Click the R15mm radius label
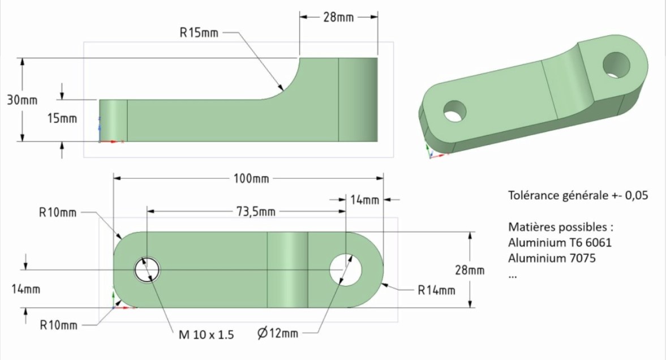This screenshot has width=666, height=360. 199,33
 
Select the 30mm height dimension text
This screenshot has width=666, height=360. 22,100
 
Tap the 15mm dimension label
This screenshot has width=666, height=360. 62,118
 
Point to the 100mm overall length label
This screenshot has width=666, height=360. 251,178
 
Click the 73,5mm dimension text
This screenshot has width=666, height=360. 256,211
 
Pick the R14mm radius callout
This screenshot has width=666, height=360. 436,290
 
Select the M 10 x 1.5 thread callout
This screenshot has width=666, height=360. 207,335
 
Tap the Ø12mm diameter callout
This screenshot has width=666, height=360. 278,333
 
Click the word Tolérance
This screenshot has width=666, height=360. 534,195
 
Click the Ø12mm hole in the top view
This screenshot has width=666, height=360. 346,270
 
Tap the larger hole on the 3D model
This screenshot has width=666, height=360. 617,65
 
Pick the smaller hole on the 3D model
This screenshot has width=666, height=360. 454,112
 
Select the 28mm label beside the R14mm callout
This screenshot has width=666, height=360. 470,270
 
